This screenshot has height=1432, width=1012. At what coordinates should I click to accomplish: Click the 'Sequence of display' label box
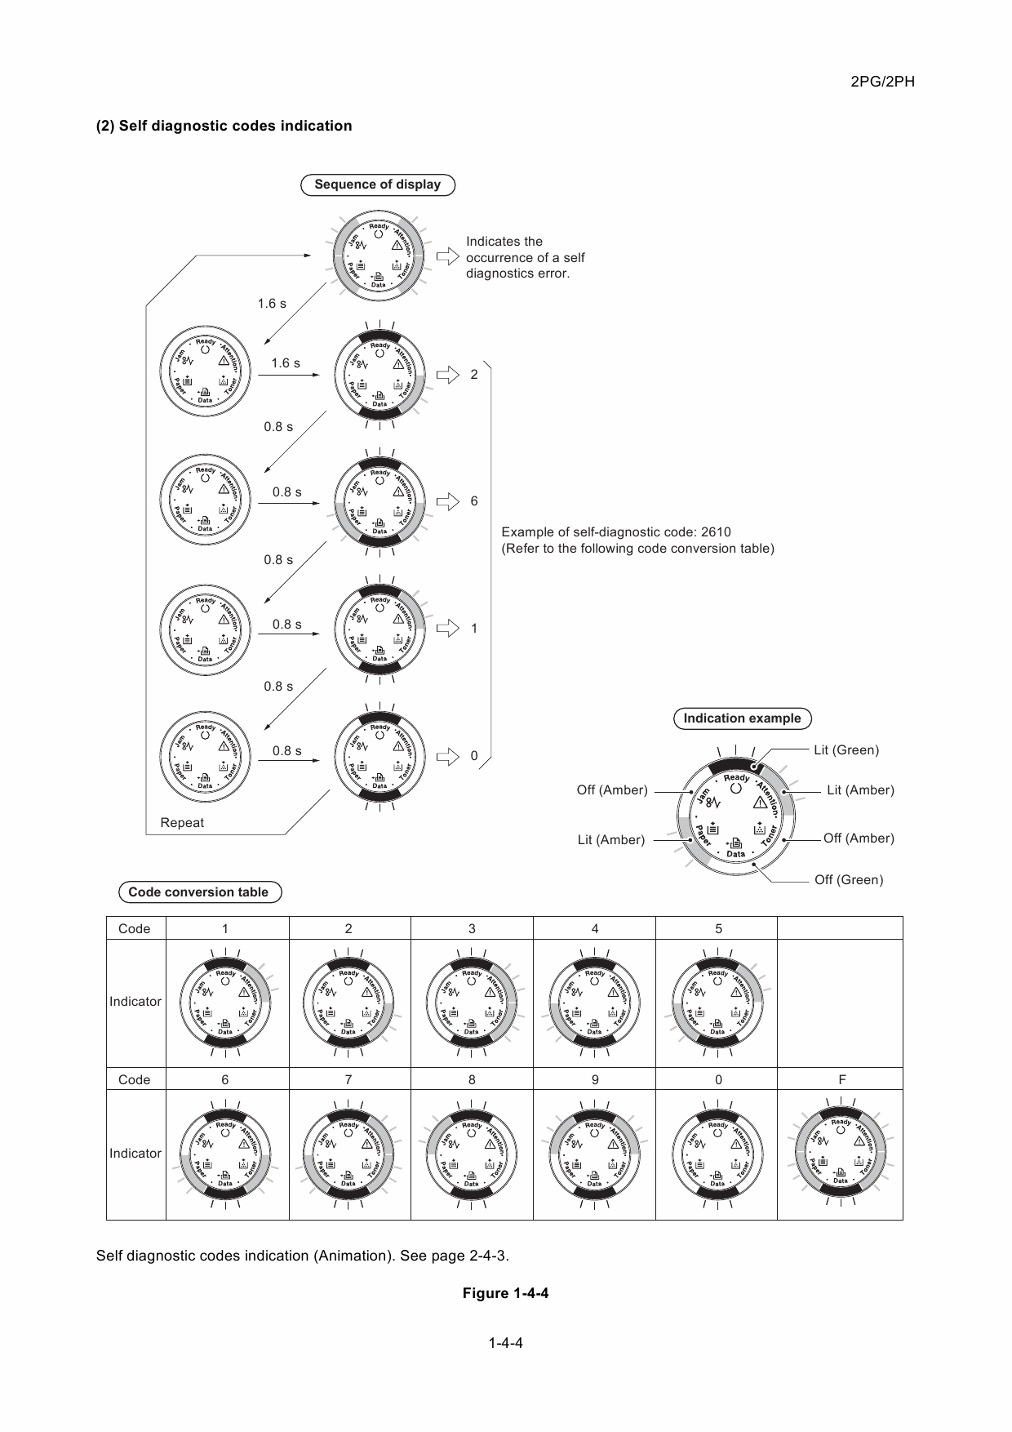click(x=378, y=185)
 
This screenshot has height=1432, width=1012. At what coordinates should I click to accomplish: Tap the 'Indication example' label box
click(x=742, y=718)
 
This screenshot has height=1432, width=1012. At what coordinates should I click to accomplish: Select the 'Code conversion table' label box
click(x=198, y=892)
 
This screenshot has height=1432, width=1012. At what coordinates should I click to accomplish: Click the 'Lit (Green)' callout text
click(x=846, y=750)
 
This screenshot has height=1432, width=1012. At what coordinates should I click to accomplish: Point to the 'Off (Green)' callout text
click(x=849, y=880)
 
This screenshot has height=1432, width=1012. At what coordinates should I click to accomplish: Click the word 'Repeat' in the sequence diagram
click(x=182, y=823)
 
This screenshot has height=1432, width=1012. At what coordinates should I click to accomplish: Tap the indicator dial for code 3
click(x=472, y=1002)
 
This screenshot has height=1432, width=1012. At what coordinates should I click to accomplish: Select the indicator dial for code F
click(x=841, y=1153)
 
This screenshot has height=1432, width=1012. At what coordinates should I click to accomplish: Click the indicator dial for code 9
click(x=594, y=1154)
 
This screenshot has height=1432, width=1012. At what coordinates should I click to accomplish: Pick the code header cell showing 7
click(x=348, y=1079)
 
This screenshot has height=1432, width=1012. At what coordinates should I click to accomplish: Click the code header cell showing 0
click(x=718, y=1079)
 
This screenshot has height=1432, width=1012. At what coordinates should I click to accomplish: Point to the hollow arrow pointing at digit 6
click(x=448, y=501)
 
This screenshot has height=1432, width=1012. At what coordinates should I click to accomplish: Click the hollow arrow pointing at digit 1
click(x=448, y=629)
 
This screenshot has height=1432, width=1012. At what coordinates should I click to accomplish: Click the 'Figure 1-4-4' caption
click(x=505, y=1293)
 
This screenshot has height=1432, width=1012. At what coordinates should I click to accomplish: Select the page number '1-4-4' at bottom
click(x=505, y=1343)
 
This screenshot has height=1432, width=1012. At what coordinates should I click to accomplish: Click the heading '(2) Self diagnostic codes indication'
click(x=224, y=126)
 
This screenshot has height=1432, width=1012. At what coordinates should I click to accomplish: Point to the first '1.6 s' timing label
click(x=272, y=304)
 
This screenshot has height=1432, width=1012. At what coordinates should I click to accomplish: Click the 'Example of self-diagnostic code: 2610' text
click(x=616, y=532)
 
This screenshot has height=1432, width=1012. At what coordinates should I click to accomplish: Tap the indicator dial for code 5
click(x=717, y=1002)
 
